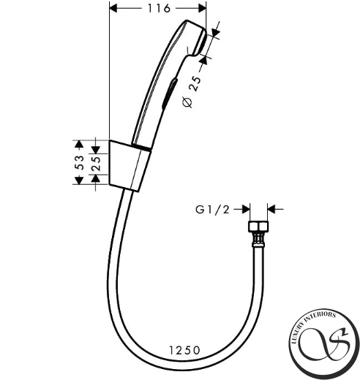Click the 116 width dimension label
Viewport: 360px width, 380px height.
click(x=159, y=9)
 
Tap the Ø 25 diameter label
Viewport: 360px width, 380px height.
click(x=192, y=92)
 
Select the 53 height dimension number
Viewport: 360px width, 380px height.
click(x=79, y=162)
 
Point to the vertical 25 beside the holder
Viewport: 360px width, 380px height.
click(x=97, y=164)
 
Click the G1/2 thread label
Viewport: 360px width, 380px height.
click(x=212, y=210)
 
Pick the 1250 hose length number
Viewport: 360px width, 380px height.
click(x=184, y=350)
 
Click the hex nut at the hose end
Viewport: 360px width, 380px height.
click(x=258, y=227)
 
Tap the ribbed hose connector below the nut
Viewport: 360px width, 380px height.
click(x=258, y=240)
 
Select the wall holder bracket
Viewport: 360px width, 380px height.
click(x=130, y=166)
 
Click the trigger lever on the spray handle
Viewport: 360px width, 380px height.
click(x=170, y=94)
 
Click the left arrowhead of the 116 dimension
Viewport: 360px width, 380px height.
click(x=113, y=9)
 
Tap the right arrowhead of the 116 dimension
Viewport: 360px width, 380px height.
click(x=202, y=9)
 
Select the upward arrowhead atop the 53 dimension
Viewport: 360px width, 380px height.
click(x=79, y=145)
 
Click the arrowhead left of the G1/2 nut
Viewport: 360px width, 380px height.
click(x=246, y=209)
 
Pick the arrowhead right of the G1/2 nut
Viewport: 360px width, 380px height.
click(x=271, y=209)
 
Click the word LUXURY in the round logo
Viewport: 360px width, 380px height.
click(x=299, y=332)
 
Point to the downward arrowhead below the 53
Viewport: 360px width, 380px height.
click(x=79, y=180)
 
